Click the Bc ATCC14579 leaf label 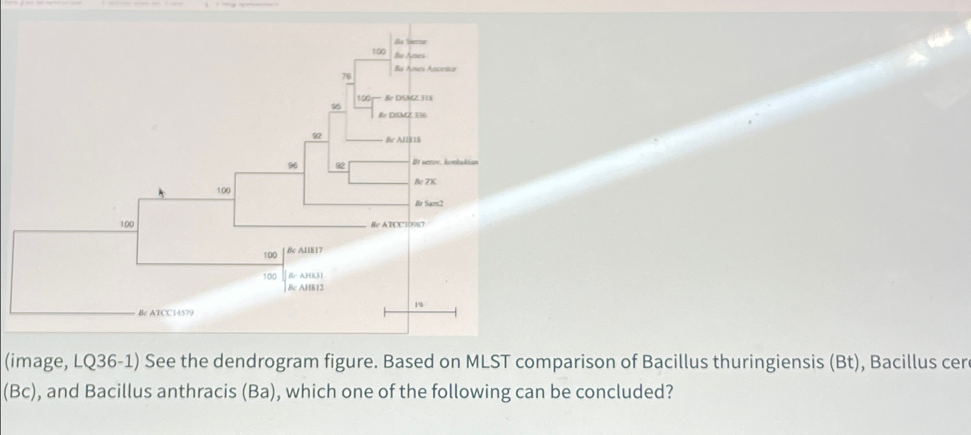(x=166, y=313)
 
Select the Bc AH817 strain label (x=305, y=250)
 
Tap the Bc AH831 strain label (x=306, y=276)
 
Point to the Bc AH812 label (x=306, y=287)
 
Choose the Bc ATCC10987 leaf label (x=398, y=224)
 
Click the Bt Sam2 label (x=429, y=204)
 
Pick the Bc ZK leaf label (x=425, y=181)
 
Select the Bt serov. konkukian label (x=445, y=162)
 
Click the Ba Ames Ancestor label (x=425, y=69)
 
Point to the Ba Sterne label (x=411, y=42)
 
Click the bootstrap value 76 (x=346, y=76)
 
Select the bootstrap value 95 (x=336, y=107)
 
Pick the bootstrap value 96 (x=293, y=166)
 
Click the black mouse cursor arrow (x=162, y=193)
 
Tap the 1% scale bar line (x=420, y=313)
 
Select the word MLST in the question (x=488, y=363)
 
